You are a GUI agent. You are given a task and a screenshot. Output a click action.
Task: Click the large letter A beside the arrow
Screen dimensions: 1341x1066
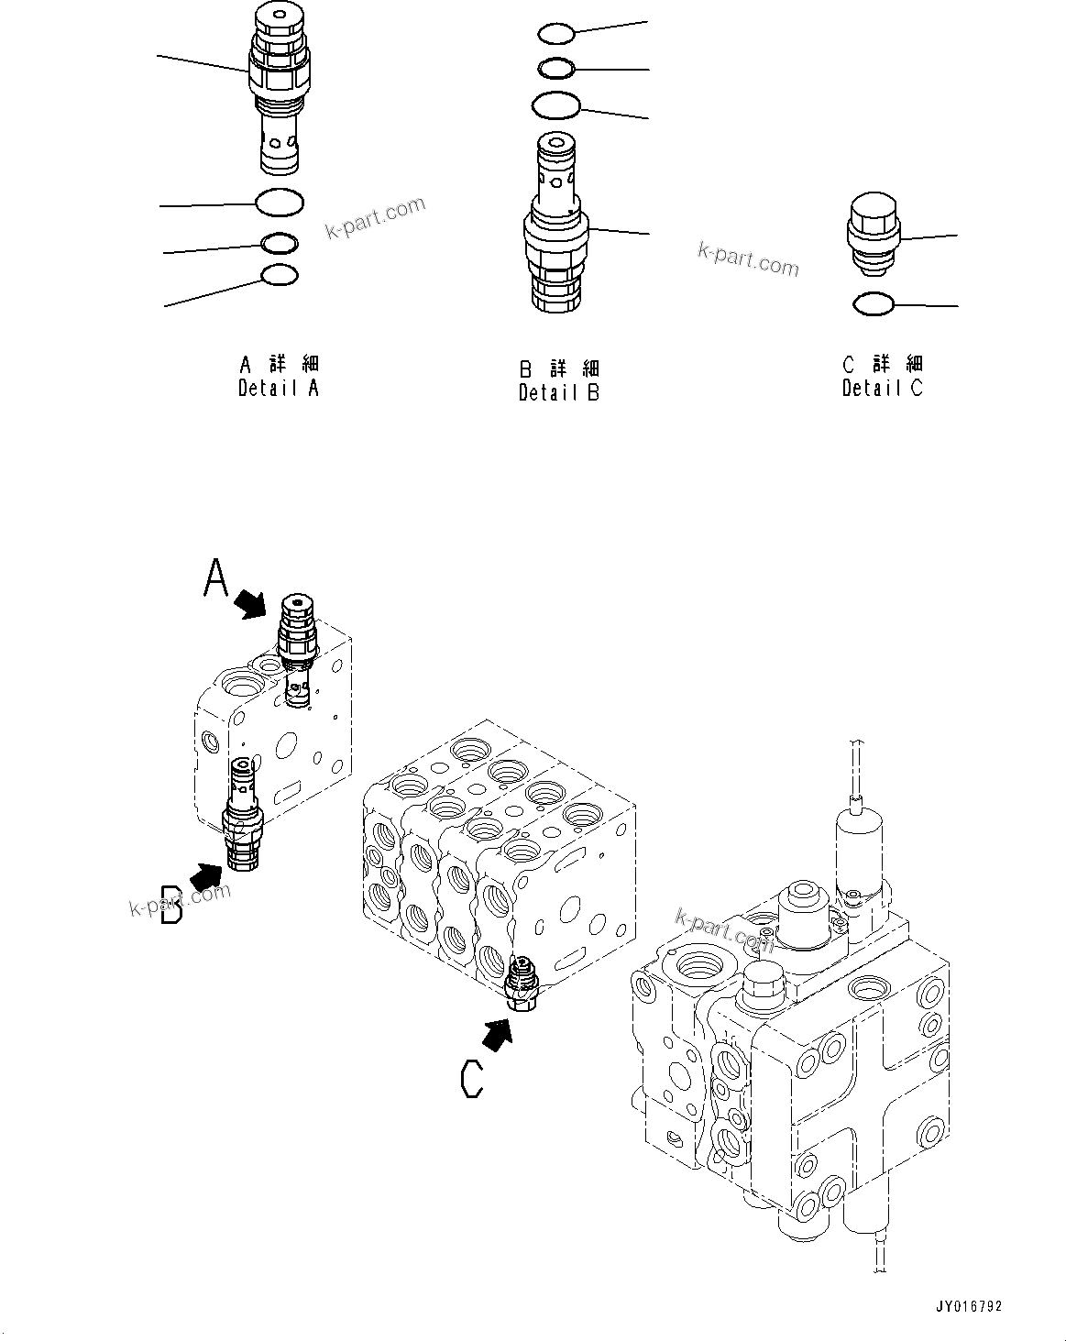(215, 579)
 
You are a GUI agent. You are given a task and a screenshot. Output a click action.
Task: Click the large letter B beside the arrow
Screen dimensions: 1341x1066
(171, 904)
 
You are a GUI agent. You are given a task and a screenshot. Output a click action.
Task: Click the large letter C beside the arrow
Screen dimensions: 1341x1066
(471, 1078)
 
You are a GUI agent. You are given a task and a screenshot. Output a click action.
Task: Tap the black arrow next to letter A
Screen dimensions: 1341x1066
(249, 603)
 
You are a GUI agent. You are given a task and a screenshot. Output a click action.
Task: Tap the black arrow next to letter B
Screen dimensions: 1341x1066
(206, 876)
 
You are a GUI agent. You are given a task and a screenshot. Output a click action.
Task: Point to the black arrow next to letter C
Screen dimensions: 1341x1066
(497, 1035)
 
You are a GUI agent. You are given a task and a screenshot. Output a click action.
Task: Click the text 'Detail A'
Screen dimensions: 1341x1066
(279, 388)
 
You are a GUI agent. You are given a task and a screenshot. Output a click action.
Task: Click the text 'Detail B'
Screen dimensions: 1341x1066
(559, 393)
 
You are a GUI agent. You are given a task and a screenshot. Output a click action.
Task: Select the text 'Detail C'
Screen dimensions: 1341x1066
(883, 388)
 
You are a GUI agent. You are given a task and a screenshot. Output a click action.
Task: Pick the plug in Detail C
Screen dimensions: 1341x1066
(872, 235)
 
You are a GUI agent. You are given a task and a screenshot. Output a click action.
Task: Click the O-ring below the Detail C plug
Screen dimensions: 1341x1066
(873, 303)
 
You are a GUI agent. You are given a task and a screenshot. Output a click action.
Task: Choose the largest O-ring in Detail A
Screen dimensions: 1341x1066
(280, 202)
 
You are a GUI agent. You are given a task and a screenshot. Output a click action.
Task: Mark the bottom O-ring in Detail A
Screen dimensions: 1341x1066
(280, 274)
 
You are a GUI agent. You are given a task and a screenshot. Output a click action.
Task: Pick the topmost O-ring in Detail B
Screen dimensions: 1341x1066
(555, 34)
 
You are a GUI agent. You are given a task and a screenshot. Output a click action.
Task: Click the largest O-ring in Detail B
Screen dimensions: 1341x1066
(555, 105)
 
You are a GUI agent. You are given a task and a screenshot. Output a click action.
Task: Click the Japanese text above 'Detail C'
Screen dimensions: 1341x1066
(883, 364)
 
